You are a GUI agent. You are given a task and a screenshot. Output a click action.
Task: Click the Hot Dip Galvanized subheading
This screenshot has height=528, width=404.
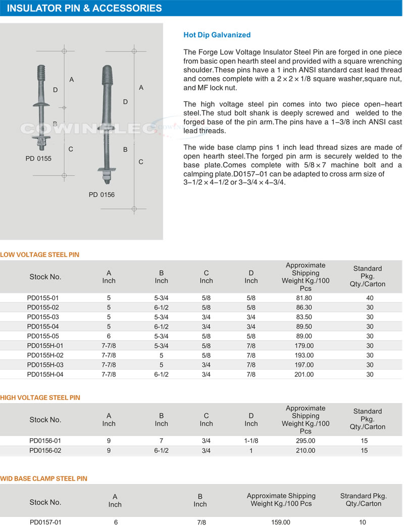coord(217,35)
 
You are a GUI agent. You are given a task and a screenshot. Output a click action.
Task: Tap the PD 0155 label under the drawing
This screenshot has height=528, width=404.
coord(38,159)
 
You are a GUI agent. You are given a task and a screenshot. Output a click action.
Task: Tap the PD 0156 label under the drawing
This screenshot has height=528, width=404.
coord(102,194)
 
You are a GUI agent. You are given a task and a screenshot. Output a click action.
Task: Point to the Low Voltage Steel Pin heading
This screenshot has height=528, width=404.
coord(40,255)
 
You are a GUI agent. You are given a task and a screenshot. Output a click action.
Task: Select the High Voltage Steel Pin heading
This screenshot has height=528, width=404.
coord(40,398)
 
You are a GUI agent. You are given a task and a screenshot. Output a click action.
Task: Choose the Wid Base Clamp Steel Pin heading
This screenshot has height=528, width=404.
coord(44,478)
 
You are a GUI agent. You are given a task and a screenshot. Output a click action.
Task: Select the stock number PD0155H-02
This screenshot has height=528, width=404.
coord(45,355)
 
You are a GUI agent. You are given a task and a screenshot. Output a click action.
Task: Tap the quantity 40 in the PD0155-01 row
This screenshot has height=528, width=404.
coord(370,298)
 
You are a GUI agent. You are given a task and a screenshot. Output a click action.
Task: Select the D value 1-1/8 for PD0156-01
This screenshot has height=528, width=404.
coord(251,441)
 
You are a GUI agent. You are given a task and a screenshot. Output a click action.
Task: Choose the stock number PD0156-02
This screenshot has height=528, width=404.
coord(45,451)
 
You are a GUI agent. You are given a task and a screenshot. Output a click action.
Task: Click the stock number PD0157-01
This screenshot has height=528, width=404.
coord(45,522)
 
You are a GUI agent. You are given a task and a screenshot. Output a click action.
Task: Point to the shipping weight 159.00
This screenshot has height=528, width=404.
coord(281,522)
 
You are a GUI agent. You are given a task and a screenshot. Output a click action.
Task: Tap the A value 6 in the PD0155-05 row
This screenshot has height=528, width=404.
coord(109,336)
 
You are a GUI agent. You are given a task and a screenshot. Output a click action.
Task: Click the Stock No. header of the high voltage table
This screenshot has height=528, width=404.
coord(45,419)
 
